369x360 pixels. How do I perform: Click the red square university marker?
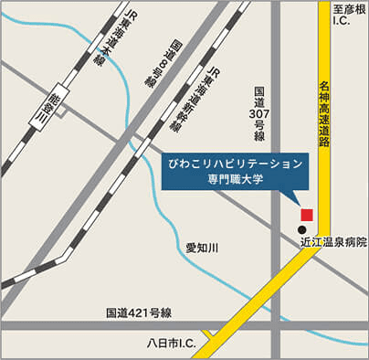(307, 214)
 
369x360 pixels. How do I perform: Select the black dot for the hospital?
(302, 228)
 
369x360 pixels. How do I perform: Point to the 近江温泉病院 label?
(332, 244)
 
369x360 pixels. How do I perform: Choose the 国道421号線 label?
(137, 313)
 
